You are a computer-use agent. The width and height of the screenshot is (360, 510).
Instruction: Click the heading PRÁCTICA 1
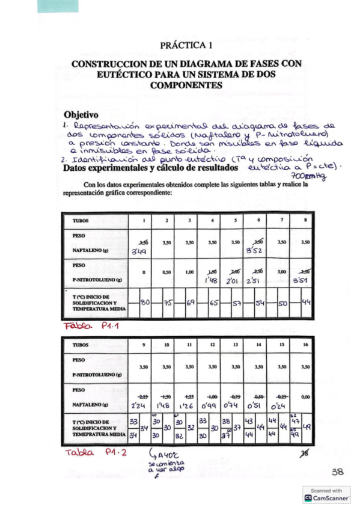click(186, 45)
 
